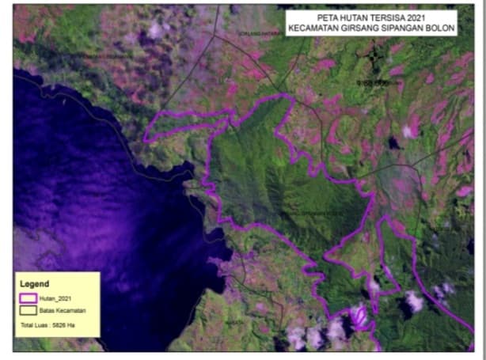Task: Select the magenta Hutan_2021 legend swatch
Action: (28, 298)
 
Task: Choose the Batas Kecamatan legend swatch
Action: (28, 310)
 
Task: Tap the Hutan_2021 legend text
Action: (54, 298)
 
